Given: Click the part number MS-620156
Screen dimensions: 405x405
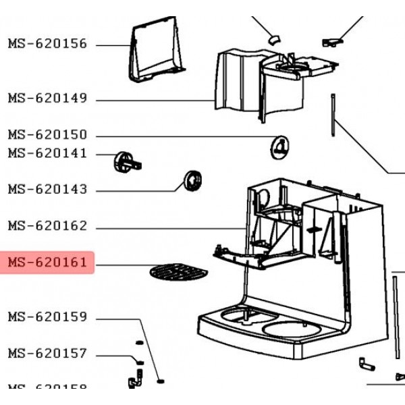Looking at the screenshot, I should click(47, 44).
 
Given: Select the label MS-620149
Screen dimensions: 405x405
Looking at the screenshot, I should click(47, 99).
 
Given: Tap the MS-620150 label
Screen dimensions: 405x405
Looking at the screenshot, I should click(47, 135).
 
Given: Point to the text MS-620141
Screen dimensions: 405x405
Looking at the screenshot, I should click(47, 153).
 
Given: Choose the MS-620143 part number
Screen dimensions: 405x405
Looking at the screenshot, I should click(47, 190).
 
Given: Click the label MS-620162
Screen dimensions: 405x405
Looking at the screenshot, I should click(47, 226).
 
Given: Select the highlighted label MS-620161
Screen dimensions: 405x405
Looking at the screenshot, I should click(47, 262).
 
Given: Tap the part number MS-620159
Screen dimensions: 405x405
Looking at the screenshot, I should click(47, 317).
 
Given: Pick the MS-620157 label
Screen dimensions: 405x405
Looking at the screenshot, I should click(47, 353).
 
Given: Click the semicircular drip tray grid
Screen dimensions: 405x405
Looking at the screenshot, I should click(177, 273).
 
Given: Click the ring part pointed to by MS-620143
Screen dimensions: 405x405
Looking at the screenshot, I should click(191, 181).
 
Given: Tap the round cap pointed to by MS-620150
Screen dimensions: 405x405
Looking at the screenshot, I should click(279, 146).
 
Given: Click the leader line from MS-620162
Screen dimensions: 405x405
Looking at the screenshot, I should click(169, 227).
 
